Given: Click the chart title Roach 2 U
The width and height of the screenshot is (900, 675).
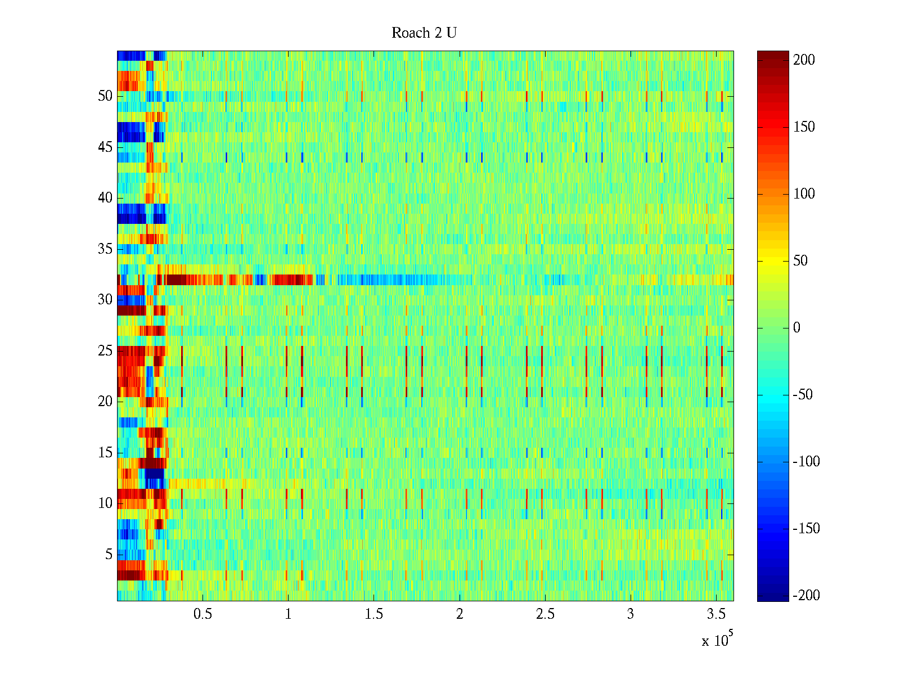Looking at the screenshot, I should point(424,33).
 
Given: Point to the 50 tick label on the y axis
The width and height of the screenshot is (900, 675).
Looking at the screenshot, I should point(105,96).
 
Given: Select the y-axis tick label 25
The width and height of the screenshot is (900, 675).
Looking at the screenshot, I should point(105,351).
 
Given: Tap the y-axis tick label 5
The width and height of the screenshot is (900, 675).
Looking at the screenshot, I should point(109,555).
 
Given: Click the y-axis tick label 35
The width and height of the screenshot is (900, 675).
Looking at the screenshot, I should point(105,249).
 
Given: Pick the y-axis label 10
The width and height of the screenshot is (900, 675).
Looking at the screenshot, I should point(105,503).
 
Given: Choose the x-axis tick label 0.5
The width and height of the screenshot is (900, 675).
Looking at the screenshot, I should point(202,614).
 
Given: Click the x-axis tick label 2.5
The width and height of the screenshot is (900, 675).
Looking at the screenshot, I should point(545,614).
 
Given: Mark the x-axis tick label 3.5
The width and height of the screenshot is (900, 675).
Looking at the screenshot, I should point(716,614).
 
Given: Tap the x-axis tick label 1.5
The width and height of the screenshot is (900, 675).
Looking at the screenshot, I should point(374,614).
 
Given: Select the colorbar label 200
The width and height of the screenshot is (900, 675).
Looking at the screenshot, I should point(804,60).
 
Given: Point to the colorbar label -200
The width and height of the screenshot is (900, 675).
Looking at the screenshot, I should point(806,596).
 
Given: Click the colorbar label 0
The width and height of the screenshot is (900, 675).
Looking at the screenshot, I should point(796,328).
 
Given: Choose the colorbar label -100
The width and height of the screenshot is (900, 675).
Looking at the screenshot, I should point(806,462).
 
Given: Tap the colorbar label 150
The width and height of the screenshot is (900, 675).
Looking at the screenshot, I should point(804,127).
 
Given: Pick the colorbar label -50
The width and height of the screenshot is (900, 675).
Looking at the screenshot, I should point(803,395).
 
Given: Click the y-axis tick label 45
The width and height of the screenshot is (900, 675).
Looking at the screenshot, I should point(105,147).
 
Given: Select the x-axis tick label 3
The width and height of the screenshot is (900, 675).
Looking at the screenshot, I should point(631,614).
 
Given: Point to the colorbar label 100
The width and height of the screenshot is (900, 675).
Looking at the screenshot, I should point(804,194).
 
